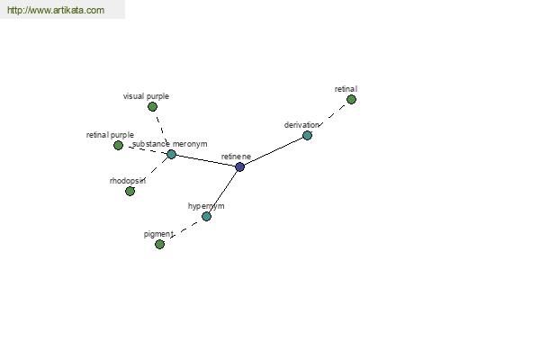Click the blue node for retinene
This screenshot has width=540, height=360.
click(240, 167)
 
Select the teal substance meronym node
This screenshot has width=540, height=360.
click(171, 154)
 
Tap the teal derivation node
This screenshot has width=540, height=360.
click(307, 135)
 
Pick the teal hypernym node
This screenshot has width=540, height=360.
click(206, 216)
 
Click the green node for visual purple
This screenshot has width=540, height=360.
click(152, 107)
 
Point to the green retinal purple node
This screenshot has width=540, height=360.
click(118, 146)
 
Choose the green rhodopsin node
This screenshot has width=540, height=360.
click(130, 191)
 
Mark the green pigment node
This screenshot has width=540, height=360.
click(159, 244)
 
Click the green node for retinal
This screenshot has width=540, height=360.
click(351, 100)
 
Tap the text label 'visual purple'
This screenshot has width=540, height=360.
click(146, 96)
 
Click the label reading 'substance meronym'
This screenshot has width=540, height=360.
click(170, 144)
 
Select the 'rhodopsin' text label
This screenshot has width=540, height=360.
click(128, 181)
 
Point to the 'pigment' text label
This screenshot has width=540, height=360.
click(158, 234)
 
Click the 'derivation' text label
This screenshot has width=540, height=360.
click(301, 125)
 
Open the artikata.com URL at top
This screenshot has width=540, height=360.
click(56, 10)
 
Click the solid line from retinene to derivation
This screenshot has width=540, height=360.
click(274, 151)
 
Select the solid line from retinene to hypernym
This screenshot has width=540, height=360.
click(223, 192)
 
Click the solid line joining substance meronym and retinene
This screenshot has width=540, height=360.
click(205, 161)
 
